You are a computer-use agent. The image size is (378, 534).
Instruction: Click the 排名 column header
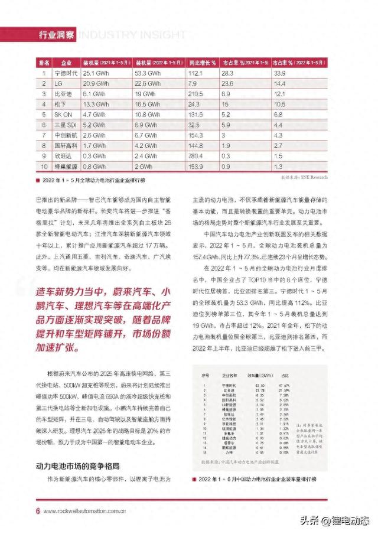[43, 62]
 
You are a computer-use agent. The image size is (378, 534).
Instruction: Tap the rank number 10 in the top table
[43, 167]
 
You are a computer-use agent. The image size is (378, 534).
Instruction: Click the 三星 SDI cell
[66, 125]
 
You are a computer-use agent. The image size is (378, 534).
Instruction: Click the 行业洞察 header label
[56, 34]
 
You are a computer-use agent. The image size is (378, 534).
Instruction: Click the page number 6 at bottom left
[38, 511]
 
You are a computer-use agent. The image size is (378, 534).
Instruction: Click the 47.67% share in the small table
[285, 385]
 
